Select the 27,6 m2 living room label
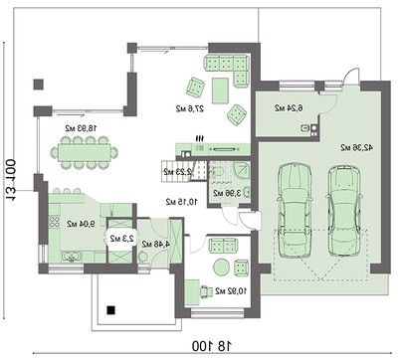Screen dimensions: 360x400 pyautogui.click(x=187, y=106)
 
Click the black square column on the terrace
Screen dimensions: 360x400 pyautogui.click(x=111, y=309)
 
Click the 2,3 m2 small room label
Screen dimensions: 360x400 pyautogui.click(x=119, y=239)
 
